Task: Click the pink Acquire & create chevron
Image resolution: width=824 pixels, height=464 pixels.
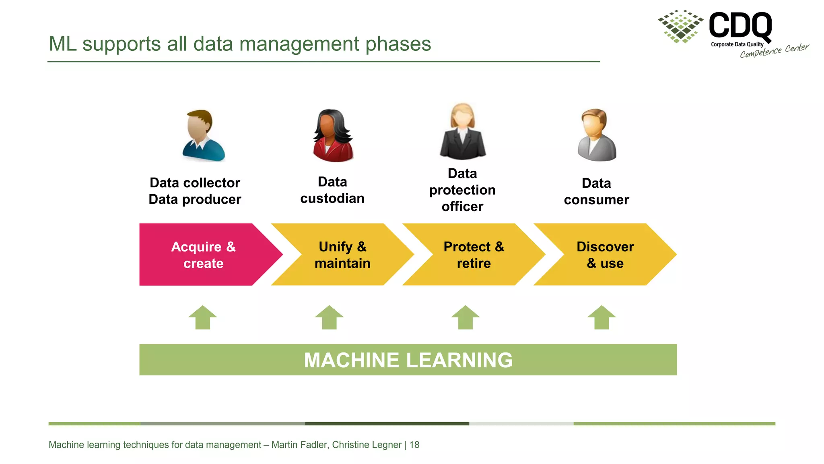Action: click(203, 255)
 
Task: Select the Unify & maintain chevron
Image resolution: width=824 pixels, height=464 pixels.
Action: click(342, 255)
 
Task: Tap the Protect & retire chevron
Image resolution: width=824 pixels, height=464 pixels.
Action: click(474, 255)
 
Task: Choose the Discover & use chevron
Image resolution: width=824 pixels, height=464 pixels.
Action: click(605, 255)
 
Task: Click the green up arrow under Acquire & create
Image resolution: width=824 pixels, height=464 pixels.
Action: click(203, 318)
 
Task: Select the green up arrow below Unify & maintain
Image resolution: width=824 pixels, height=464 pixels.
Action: click(329, 318)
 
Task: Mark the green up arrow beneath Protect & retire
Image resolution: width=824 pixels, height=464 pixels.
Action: click(466, 318)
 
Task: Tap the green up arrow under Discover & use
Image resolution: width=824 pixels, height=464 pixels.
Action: click(602, 318)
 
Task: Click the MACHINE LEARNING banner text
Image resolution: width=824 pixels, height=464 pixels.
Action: click(408, 360)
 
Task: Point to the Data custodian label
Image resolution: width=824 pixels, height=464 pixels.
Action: click(332, 190)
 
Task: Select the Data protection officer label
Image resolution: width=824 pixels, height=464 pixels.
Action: click(462, 190)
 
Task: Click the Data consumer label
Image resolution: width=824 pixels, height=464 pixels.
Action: click(596, 191)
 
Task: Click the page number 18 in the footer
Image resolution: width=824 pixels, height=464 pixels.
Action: click(414, 445)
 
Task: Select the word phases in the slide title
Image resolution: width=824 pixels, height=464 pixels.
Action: click(398, 44)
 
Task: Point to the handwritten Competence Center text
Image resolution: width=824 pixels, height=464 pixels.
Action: click(774, 51)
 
